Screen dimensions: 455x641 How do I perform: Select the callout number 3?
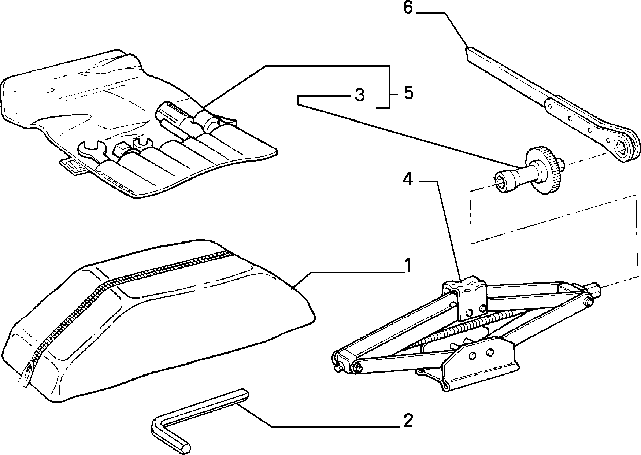click(x=360, y=95)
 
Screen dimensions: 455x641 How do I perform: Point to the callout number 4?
click(x=408, y=180)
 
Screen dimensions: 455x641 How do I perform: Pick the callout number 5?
click(x=408, y=93)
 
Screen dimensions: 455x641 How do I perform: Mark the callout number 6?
click(x=408, y=8)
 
